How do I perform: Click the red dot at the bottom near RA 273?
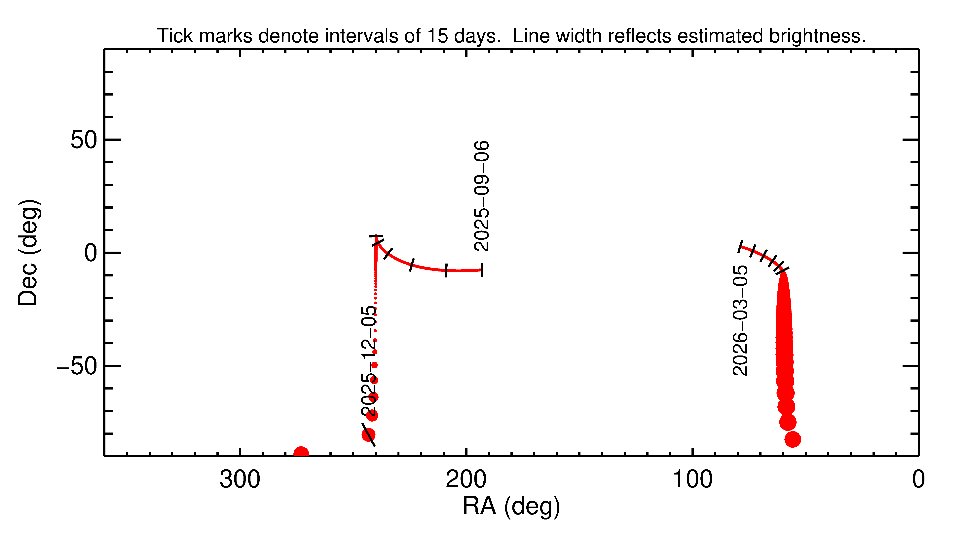tap(301, 453)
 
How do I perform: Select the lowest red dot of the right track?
tap(793, 439)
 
